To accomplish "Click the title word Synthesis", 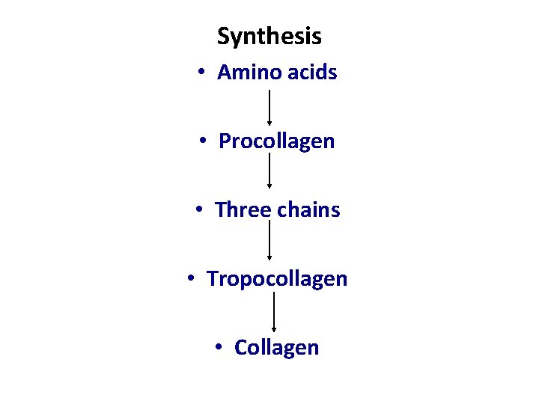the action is coord(269,36).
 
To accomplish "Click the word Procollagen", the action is coord(277,141).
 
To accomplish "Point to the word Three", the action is coord(243,210).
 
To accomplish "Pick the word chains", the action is coord(308,210).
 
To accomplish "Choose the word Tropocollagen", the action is coord(277,279).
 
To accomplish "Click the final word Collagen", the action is coord(277,348).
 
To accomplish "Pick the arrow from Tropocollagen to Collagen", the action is coord(274,311).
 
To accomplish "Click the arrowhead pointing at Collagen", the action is coord(274,328).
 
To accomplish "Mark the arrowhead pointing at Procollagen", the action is coord(269,123).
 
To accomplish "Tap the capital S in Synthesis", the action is coord(223,36).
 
